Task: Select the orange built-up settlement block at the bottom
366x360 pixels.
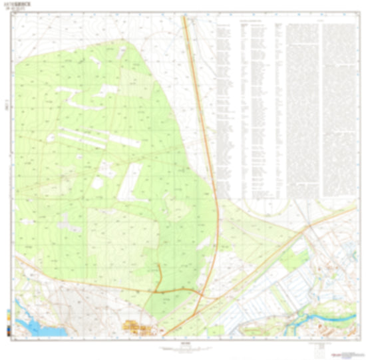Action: coord(137,327)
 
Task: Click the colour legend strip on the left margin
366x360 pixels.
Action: coord(6,319)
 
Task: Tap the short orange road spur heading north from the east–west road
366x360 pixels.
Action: coord(159,276)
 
